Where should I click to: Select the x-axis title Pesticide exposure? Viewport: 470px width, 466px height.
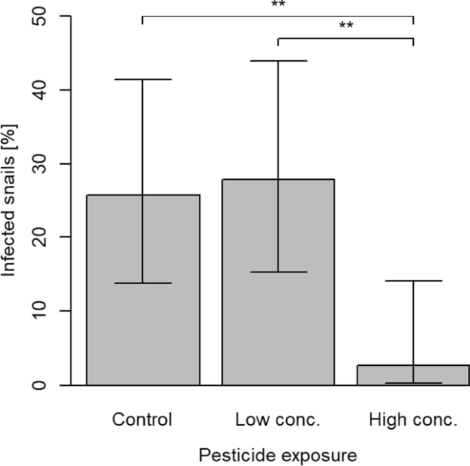[278, 454]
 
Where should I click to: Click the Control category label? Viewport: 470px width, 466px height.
[143, 419]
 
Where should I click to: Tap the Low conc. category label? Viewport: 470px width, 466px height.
[278, 419]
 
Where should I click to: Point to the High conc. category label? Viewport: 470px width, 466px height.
[413, 419]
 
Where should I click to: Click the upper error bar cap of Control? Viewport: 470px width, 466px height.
[143, 80]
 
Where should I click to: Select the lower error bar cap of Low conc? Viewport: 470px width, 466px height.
[278, 272]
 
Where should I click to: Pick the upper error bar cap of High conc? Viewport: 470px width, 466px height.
[413, 281]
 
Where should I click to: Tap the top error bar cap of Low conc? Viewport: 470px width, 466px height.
[278, 61]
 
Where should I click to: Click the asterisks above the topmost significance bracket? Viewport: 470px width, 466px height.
[278, 5]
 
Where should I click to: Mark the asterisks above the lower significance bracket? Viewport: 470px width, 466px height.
[346, 27]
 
